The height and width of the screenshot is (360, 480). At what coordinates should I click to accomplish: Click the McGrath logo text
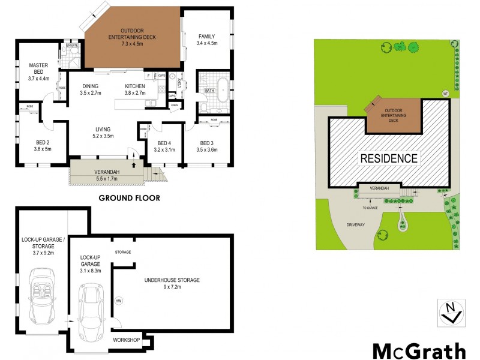pyautogui.click(x=419, y=350)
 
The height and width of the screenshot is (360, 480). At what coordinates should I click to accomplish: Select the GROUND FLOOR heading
pyautogui.click(x=129, y=198)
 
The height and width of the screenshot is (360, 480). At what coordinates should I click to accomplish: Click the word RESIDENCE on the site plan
pyautogui.click(x=388, y=158)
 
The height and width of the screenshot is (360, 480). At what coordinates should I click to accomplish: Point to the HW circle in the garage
pyautogui.click(x=118, y=300)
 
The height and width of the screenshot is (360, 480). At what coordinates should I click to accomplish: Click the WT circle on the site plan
pyautogui.click(x=445, y=94)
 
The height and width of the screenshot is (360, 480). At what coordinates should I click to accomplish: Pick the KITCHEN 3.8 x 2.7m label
pyautogui.click(x=135, y=89)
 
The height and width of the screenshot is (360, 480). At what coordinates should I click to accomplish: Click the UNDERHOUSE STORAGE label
pyautogui.click(x=172, y=283)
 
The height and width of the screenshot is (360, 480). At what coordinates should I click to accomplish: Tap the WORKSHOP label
pyautogui.click(x=126, y=340)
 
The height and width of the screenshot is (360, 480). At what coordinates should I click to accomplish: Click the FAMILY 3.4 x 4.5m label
pyautogui.click(x=206, y=40)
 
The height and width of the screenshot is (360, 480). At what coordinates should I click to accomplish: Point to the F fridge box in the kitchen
pyautogui.click(x=148, y=76)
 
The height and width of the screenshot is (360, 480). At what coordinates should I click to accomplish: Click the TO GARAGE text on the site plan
pyautogui.click(x=370, y=208)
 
